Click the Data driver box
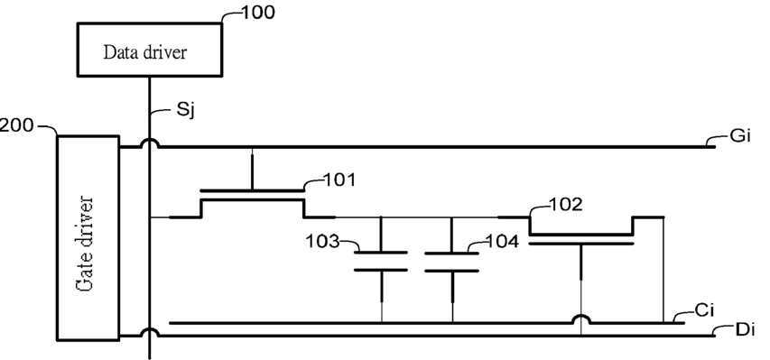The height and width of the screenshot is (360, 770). coord(150,49)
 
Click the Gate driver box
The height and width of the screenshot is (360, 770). coord(88,237)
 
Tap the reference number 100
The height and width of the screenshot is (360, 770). coord(258,13)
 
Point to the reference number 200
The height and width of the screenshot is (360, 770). coord(16,125)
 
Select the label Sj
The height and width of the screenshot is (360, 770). coord(186,110)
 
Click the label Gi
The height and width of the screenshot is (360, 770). coord(740,135)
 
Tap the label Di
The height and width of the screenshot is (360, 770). coord(745,329)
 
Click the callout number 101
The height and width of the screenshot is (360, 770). coord(339,180)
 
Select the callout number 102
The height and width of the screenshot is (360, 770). coord(566,204)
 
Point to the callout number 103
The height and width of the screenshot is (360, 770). coord(322,241)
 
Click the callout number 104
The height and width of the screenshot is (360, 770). coord(502,241)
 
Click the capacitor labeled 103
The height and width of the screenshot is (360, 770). coord(381,262)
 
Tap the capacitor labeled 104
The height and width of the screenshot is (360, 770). coord(452,262)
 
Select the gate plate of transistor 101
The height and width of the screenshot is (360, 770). coord(253,190)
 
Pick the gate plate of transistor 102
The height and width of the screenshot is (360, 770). coord(581,243)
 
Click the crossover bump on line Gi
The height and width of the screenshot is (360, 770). coord(149,143)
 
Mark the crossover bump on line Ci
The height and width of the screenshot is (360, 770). coord(581,318)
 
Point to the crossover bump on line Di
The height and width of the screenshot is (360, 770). coord(149,333)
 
